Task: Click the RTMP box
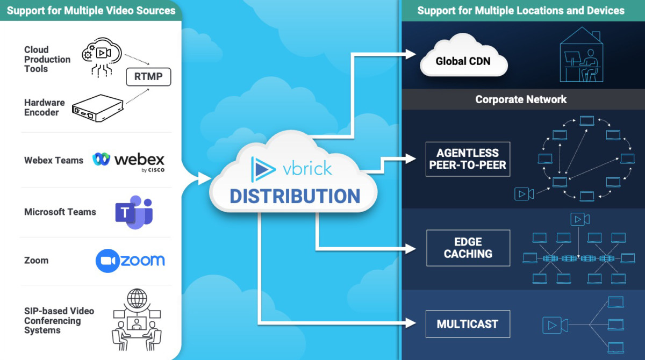pyautogui.click(x=148, y=77)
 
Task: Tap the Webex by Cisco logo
pyautogui.click(x=129, y=161)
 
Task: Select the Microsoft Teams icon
pyautogui.click(x=133, y=212)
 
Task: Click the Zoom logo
pyautogui.click(x=130, y=261)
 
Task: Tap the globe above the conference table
pyautogui.click(x=137, y=298)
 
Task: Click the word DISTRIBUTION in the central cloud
pyautogui.click(x=295, y=196)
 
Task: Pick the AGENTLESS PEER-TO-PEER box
pyautogui.click(x=468, y=159)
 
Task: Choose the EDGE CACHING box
pyautogui.click(x=468, y=248)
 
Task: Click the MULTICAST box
pyautogui.click(x=467, y=324)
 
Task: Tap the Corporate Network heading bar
pyautogui.click(x=521, y=99)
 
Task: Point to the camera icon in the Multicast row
pyautogui.click(x=555, y=325)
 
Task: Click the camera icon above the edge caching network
pyautogui.click(x=579, y=219)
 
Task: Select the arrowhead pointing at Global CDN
pyautogui.click(x=411, y=54)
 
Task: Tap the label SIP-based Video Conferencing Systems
pyautogui.click(x=59, y=321)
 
